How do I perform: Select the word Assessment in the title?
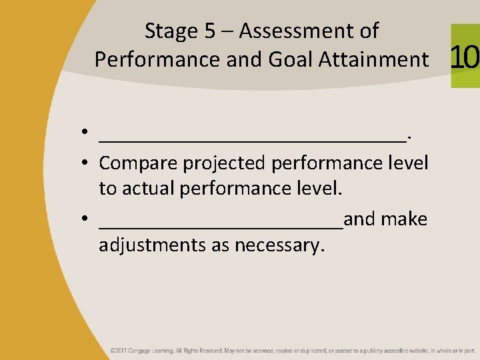(309, 31)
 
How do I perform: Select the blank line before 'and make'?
(221, 226)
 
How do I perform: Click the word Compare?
(139, 163)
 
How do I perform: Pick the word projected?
(225, 163)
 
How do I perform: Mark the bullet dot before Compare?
(87, 163)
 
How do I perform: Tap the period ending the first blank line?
(409, 139)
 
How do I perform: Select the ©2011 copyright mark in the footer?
(119, 350)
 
